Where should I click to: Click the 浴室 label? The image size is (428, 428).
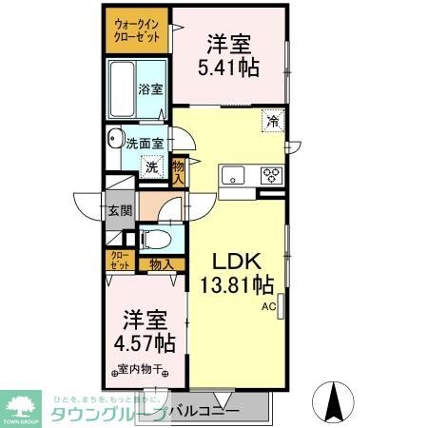[x=150, y=89]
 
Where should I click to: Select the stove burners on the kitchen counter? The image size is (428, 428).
[x=271, y=175]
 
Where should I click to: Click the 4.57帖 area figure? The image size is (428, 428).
[x=140, y=342]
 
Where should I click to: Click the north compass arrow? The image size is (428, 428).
[x=335, y=399]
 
